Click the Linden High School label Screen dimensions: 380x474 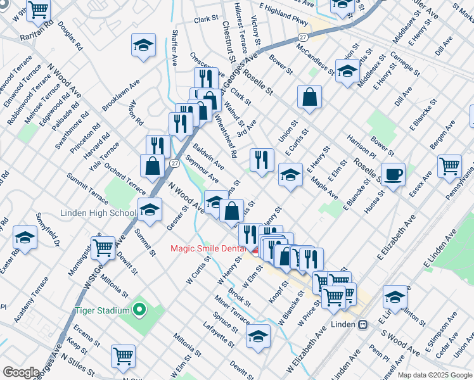(98, 213)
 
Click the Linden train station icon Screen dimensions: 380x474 (362, 324)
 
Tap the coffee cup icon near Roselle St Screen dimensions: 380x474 (393, 174)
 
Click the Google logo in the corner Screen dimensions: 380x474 (21, 372)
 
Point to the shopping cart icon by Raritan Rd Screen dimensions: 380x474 (39, 9)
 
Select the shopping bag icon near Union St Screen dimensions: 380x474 (309, 97)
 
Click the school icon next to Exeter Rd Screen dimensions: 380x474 (25, 237)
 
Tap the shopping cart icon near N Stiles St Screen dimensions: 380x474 (122, 355)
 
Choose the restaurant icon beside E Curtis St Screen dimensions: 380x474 (262, 159)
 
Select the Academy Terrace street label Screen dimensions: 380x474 (31, 298)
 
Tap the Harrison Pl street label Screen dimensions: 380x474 (361, 146)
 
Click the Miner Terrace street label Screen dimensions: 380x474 (232, 308)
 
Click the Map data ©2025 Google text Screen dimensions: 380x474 (434, 375)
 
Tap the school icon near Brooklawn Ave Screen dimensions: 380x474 (144, 45)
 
